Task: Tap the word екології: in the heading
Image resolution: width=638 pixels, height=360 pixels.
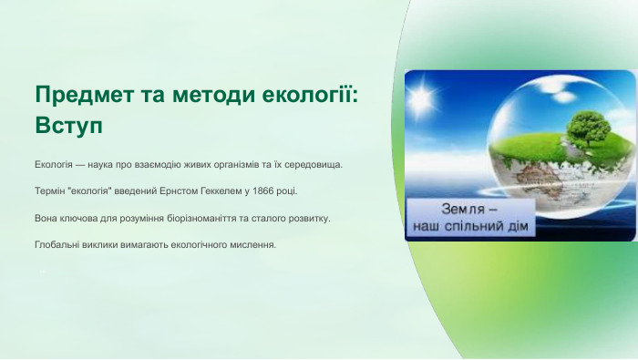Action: (309, 95)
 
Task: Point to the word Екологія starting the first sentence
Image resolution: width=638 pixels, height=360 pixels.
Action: (54, 165)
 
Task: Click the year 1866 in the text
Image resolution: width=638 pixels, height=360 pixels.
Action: (262, 192)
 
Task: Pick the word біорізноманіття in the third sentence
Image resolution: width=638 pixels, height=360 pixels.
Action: (195, 219)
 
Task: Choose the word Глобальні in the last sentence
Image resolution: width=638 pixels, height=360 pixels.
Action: (57, 245)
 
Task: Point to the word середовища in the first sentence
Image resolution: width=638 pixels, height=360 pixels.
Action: (314, 165)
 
